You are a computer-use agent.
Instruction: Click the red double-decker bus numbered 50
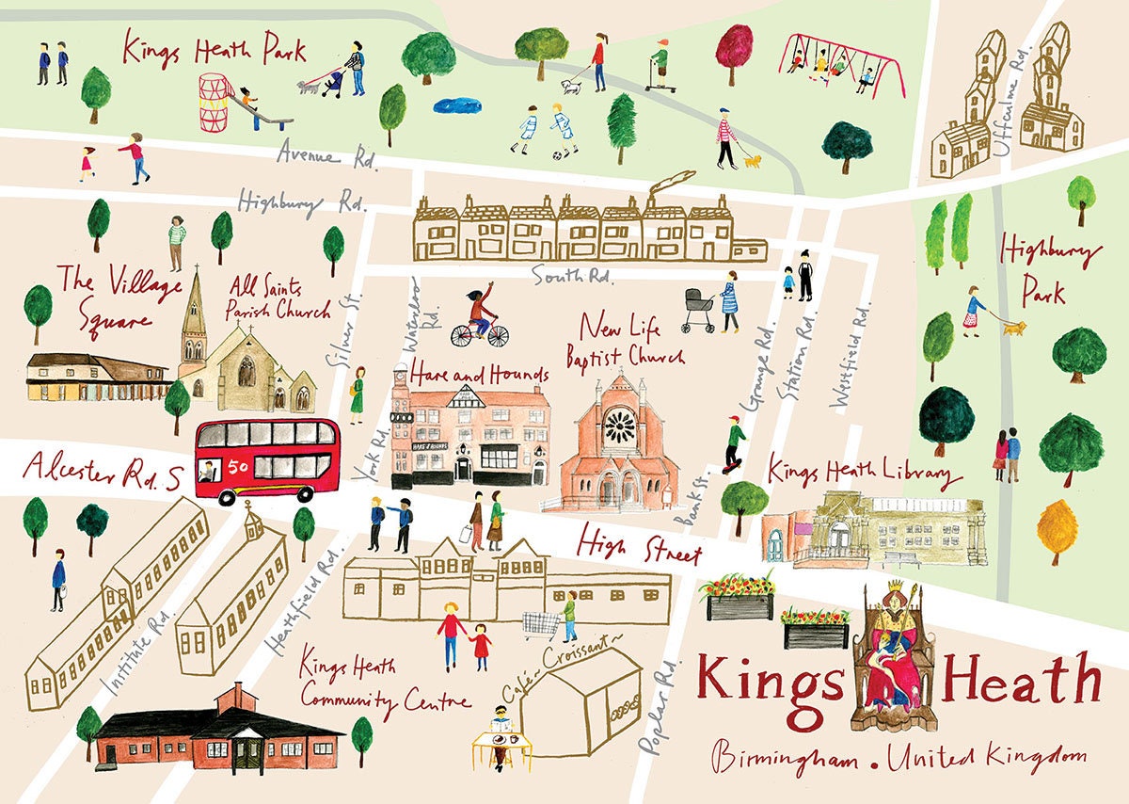click(x=267, y=459)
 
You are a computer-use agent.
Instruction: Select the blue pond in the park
click(x=456, y=105)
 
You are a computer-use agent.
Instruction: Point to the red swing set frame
click(x=842, y=62)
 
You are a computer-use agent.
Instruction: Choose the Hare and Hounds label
click(x=478, y=374)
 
